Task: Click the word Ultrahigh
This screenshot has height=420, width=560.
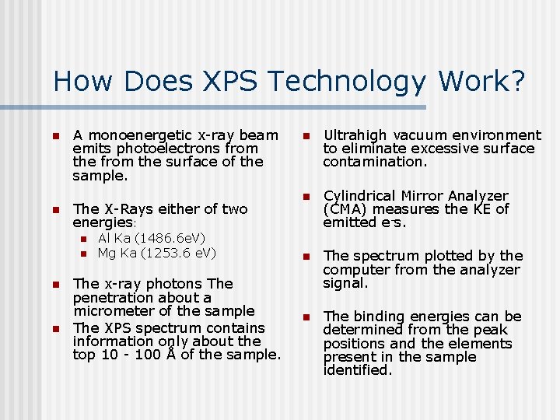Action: (x=352, y=135)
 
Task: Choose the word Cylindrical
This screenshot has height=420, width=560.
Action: (x=360, y=196)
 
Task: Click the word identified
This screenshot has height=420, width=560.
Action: (x=357, y=371)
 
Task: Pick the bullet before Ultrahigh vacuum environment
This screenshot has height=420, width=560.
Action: (x=307, y=136)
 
